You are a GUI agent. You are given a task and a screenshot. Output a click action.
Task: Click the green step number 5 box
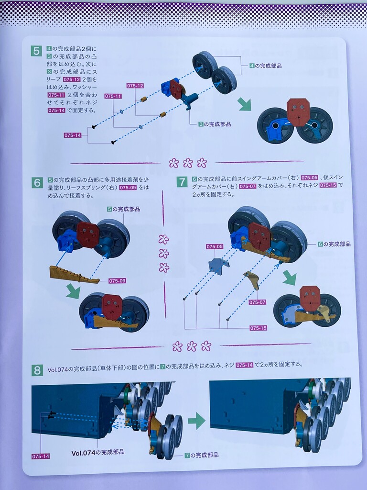pyautogui.click(x=36, y=51)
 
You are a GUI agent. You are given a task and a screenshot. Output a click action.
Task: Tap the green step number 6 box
pyautogui.click(x=37, y=182)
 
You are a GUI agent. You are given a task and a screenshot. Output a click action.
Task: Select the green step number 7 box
pyautogui.click(x=182, y=181)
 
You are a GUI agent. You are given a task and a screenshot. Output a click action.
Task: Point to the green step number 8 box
pyautogui.click(x=37, y=370)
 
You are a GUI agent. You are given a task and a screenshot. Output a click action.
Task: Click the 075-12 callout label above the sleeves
pyautogui.click(x=135, y=86)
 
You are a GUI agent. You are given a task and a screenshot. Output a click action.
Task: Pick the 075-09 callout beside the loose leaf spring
pyautogui.click(x=118, y=280)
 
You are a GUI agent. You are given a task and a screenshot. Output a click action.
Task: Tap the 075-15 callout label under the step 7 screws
pyautogui.click(x=258, y=328)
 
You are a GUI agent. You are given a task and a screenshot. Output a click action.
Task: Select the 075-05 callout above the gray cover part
pyautogui.click(x=215, y=246)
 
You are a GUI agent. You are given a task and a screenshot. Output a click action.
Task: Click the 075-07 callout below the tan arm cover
pyautogui.click(x=258, y=302)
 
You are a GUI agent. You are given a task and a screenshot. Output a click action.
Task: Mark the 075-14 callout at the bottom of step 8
pyautogui.click(x=41, y=456)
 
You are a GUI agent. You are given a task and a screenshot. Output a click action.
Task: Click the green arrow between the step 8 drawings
pyautogui.click(x=196, y=421)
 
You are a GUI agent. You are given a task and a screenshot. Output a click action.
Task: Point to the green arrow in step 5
pyautogui.click(x=244, y=104)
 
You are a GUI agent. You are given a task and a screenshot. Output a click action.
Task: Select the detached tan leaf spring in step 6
pyautogui.click(x=74, y=274)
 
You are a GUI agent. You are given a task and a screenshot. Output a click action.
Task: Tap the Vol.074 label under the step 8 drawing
pyautogui.click(x=97, y=452)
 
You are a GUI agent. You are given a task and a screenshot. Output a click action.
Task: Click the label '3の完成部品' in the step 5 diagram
pyautogui.click(x=215, y=124)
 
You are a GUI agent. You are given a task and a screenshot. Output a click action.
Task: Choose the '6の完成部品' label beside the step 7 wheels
pyautogui.click(x=334, y=244)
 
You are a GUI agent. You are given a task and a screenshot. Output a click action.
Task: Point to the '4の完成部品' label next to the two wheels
pyautogui.click(x=266, y=66)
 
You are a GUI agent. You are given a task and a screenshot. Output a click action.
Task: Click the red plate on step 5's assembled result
pyautogui.click(x=298, y=111)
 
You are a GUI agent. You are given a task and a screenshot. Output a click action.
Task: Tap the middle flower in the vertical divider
pyautogui.click(x=163, y=254)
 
